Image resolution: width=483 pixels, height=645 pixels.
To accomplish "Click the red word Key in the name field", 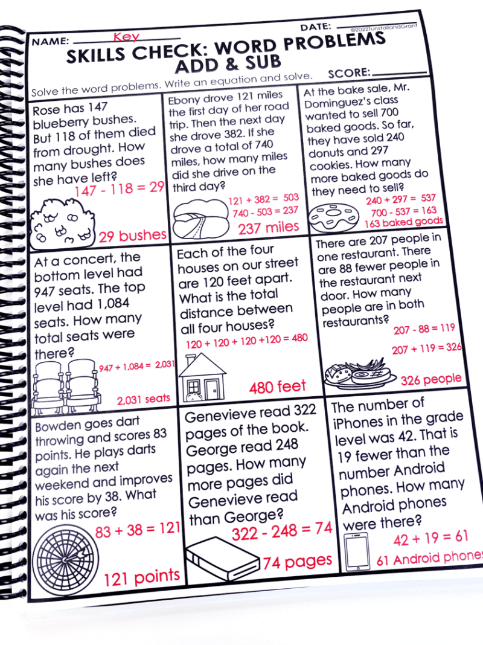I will tap(126, 37).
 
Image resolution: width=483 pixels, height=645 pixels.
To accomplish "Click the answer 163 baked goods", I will tap(403, 222).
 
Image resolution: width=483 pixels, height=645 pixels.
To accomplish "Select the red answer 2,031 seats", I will tap(143, 399).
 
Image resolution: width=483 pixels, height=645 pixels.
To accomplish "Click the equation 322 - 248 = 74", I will tap(282, 530).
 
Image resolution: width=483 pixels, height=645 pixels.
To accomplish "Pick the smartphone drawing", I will tap(357, 551).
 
